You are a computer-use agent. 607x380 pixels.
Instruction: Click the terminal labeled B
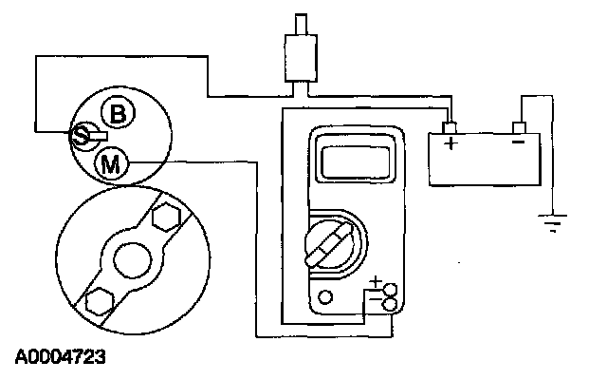pos(118,114)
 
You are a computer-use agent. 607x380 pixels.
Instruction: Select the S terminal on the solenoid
pos(81,136)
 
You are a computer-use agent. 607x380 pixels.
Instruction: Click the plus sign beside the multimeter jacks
pos(376,282)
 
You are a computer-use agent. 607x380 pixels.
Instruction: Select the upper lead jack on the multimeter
pos(390,289)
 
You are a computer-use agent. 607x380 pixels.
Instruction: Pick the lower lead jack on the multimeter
pos(390,304)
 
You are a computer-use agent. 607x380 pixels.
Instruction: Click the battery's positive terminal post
pos(451,126)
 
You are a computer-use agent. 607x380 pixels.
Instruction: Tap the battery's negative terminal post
pos(518,126)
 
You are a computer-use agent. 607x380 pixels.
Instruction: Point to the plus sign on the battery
pos(451,144)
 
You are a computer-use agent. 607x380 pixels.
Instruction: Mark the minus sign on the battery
pos(518,143)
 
